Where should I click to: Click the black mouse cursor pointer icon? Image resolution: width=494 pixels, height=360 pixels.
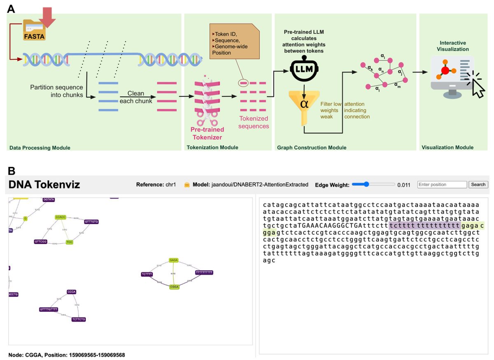478,87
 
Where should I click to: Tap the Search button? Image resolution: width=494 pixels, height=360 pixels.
478,185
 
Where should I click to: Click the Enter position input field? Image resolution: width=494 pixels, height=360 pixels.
442,185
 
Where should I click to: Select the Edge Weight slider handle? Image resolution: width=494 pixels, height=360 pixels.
366,185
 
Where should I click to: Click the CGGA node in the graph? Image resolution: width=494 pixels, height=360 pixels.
174,287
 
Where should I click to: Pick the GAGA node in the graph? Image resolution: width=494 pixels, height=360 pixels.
173,260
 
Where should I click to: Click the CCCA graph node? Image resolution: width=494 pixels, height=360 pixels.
72,292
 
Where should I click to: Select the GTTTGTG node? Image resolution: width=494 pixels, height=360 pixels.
91,222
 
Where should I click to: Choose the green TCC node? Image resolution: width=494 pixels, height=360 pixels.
69,243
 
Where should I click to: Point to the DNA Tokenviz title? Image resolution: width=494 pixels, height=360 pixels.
44,185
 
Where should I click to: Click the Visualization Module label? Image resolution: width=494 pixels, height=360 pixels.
447,147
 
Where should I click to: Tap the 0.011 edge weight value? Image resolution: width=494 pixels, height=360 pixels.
404,185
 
